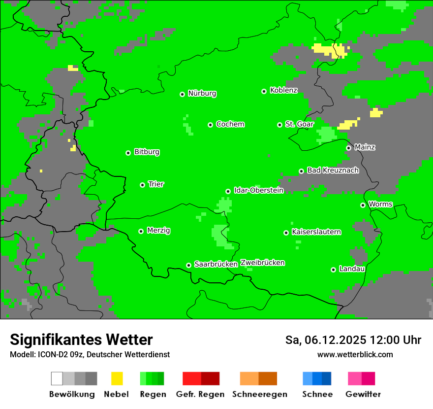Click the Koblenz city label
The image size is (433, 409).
click(x=283, y=90)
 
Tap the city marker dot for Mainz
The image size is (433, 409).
click(x=348, y=148)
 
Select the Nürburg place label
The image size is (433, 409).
click(x=202, y=93)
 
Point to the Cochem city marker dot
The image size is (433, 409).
click(x=210, y=125)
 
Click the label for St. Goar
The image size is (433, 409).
click(x=299, y=124)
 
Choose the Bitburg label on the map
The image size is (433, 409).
click(x=147, y=152)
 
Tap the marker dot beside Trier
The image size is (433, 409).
click(x=142, y=185)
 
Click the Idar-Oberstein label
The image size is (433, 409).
click(x=258, y=190)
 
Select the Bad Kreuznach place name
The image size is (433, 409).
click(x=333, y=170)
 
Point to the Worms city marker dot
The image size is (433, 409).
click(x=363, y=205)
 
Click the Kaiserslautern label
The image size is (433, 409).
click(x=316, y=232)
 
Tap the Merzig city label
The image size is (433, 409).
click(x=158, y=230)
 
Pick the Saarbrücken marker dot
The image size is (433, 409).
click(x=188, y=265)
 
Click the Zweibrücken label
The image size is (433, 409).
click(x=262, y=263)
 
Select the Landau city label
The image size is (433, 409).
click(x=352, y=269)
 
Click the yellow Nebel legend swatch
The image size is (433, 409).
click(x=117, y=378)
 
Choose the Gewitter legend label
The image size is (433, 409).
click(x=363, y=394)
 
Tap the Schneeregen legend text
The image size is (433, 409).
click(x=260, y=394)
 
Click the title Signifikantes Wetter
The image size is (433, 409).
click(x=81, y=340)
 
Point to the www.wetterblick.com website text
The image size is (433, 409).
click(x=355, y=354)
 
